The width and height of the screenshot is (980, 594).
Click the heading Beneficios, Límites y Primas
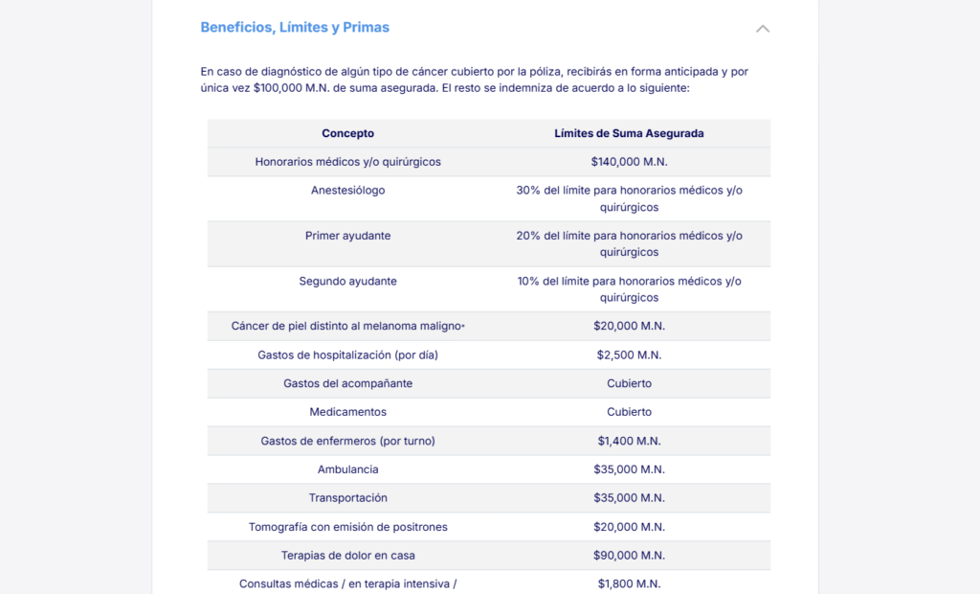[x=295, y=28]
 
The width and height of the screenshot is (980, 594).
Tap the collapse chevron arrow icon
[x=763, y=29]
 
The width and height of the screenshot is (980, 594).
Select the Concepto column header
[x=347, y=133]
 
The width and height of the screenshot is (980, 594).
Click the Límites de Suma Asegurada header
[x=629, y=133]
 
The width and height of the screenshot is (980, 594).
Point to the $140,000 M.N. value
[x=629, y=162]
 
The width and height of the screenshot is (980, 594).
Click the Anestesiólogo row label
[x=347, y=191]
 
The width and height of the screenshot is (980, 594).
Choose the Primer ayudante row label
[x=347, y=236]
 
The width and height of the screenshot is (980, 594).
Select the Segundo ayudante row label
[x=347, y=281]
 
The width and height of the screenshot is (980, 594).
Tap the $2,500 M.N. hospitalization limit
[x=629, y=354]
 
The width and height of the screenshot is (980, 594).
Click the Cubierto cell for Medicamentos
[x=629, y=412]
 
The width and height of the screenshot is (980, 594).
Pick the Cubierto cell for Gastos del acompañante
[x=629, y=383]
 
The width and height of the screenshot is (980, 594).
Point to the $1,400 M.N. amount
[x=629, y=441]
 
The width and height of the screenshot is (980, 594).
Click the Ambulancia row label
[x=347, y=469]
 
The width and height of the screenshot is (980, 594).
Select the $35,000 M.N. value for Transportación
[x=629, y=498]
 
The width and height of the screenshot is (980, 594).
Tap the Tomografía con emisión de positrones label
[x=347, y=527]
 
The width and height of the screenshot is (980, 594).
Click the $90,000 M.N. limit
[x=629, y=556]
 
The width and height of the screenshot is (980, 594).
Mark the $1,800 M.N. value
[x=629, y=583]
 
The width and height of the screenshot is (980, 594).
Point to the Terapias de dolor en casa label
[x=347, y=556]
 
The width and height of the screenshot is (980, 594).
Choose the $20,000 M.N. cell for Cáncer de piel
[x=629, y=326]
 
